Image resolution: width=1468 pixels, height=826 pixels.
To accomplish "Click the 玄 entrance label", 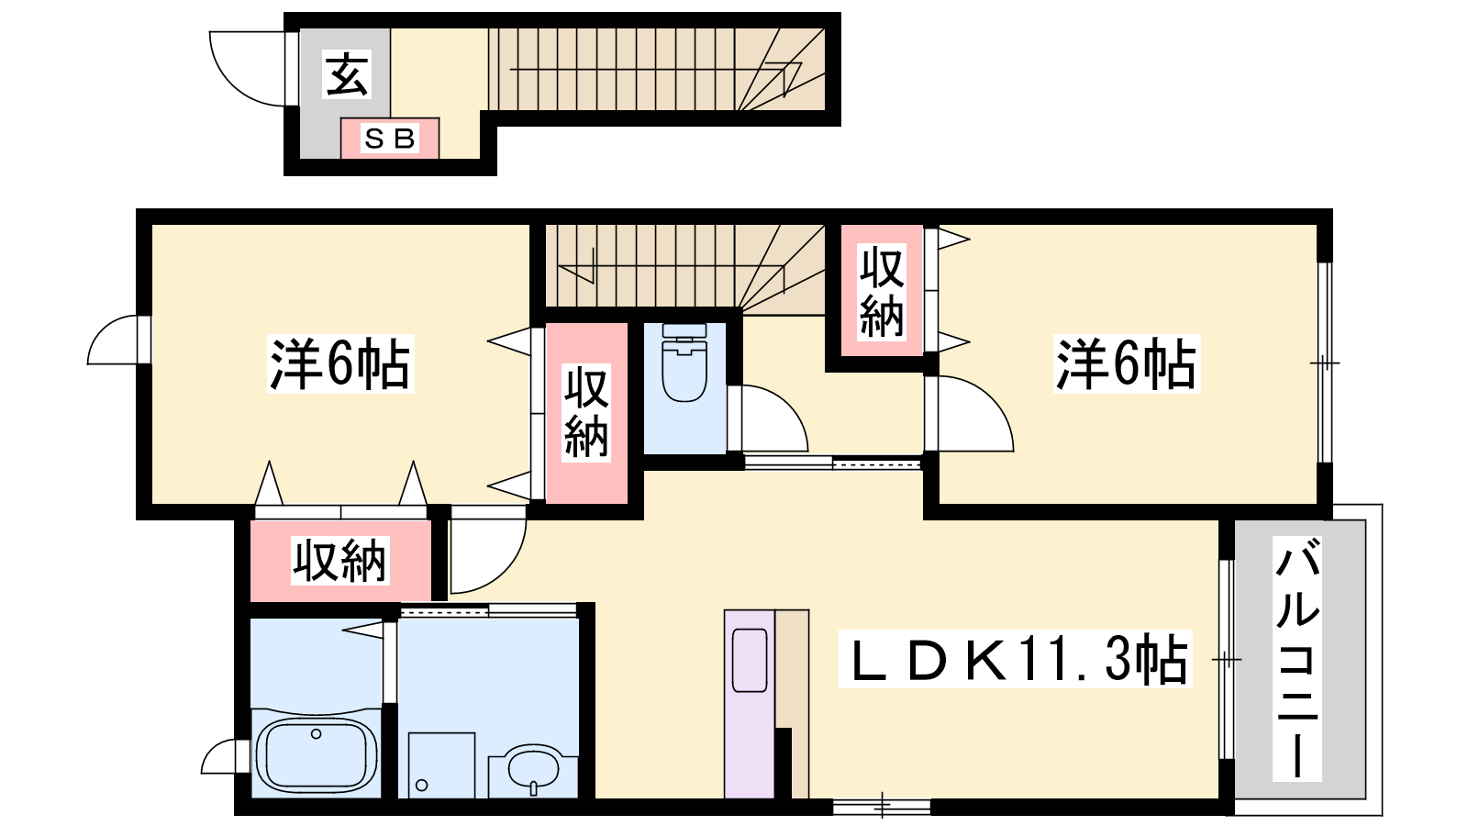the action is click(347, 74).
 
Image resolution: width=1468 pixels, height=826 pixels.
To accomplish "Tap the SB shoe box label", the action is click(390, 139).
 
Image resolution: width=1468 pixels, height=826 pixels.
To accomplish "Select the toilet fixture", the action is click(684, 363).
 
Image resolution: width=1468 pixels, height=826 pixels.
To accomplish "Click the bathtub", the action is click(316, 756).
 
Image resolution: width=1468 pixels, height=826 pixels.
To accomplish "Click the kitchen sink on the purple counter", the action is click(750, 660).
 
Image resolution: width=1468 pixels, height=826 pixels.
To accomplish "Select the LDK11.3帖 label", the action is click(1015, 659).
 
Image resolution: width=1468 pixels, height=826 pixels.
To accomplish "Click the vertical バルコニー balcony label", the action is click(1297, 658).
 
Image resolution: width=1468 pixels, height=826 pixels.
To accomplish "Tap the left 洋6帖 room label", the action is click(340, 363).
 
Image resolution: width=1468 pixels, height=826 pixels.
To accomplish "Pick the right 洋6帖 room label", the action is click(1127, 363).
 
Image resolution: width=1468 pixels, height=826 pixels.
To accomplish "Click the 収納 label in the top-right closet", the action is click(882, 293).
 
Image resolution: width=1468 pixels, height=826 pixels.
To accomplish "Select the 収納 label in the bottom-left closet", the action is click(340, 561).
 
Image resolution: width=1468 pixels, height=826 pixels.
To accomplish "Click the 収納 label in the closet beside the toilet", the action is click(586, 413).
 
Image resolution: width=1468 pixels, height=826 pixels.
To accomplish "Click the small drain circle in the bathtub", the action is click(316, 734).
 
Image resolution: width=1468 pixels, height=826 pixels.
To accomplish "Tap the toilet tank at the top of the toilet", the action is click(684, 331).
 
